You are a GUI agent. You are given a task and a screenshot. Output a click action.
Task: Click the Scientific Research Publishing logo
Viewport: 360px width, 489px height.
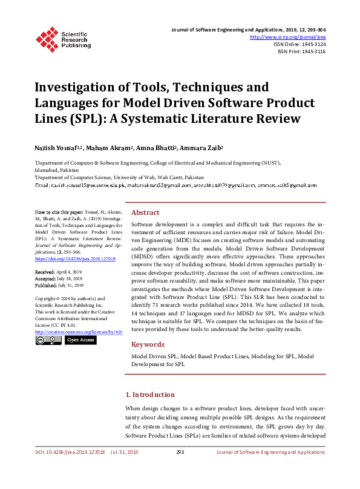click(x=63, y=38)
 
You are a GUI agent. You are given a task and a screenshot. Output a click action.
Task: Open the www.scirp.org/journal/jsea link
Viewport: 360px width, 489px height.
click(x=287, y=37)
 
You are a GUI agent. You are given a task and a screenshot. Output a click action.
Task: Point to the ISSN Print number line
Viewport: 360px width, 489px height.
click(x=301, y=51)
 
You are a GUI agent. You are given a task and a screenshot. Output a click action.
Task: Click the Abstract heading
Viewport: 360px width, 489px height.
click(x=145, y=213)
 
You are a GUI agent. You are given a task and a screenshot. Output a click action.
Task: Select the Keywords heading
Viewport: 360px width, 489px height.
click(x=148, y=344)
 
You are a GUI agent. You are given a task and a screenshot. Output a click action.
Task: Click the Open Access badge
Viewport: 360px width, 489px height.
click(x=80, y=340)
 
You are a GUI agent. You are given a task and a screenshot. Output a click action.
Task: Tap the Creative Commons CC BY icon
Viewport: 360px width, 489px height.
click(x=48, y=340)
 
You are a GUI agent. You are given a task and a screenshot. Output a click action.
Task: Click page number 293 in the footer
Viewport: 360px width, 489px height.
click(x=180, y=452)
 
